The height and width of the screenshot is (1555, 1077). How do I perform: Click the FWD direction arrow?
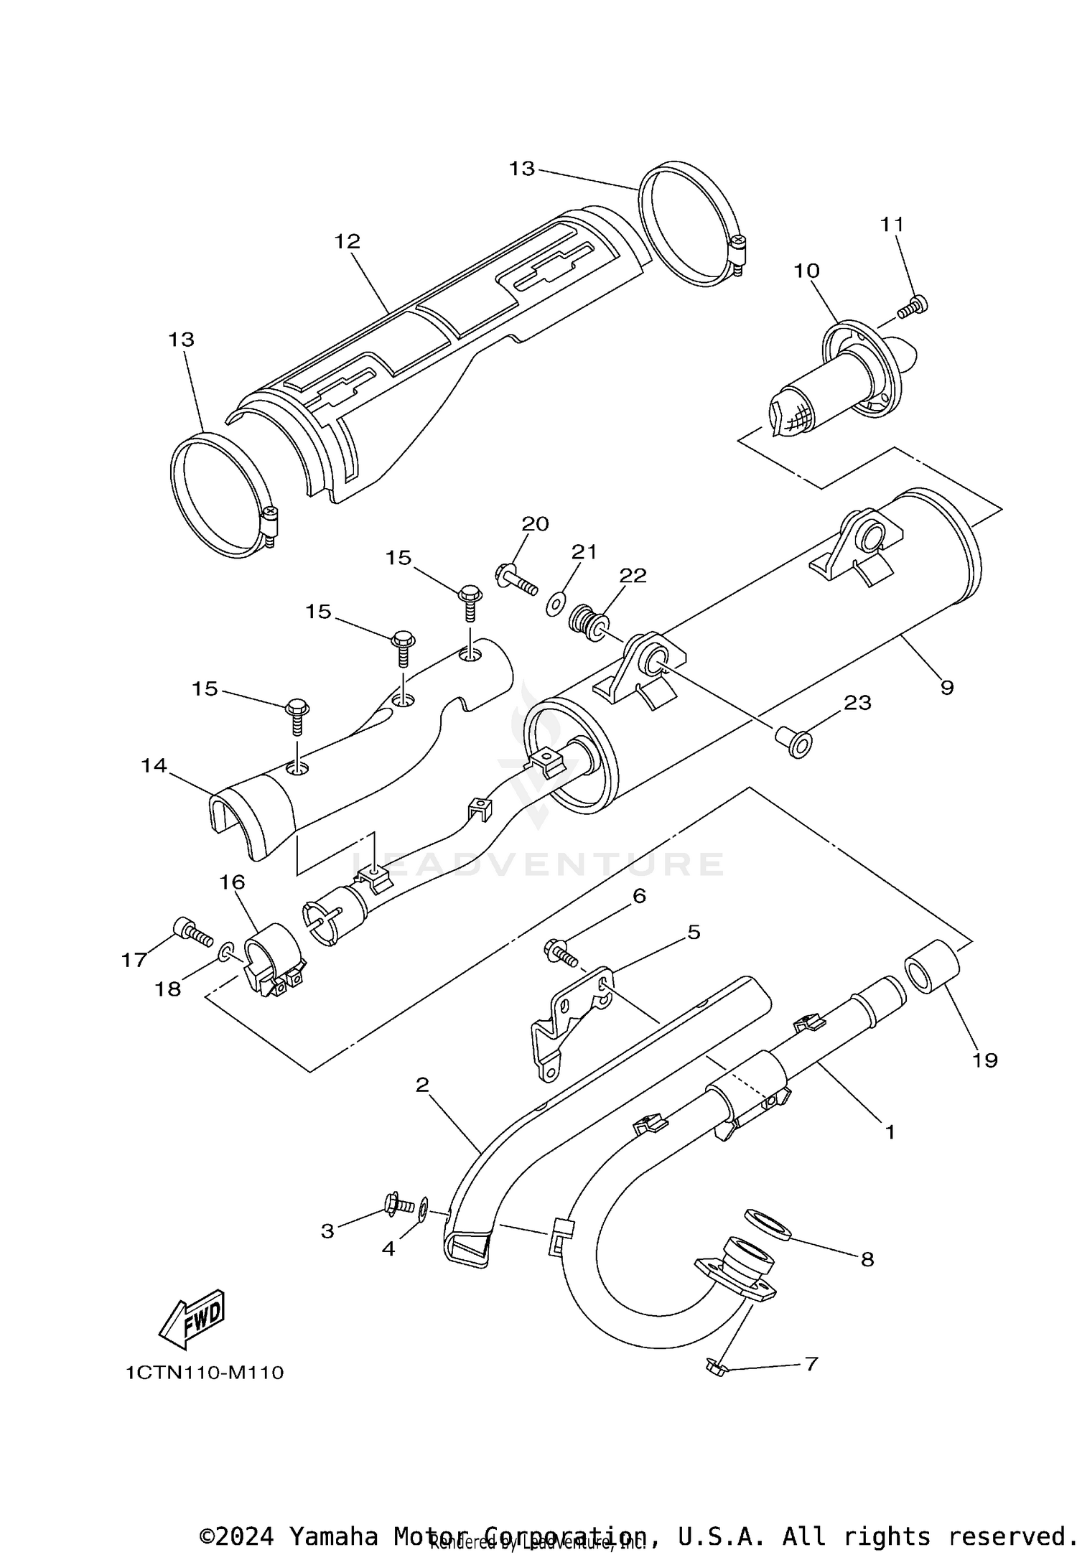point(192,1320)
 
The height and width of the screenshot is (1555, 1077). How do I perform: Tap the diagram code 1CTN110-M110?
point(205,1373)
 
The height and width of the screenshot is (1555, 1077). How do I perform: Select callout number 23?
point(857,702)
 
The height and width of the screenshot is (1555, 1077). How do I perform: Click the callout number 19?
point(985,1060)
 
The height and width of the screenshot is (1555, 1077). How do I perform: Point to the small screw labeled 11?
point(913,307)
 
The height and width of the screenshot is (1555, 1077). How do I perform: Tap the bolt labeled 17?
point(191,933)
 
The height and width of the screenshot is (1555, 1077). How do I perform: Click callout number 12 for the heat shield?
point(347,241)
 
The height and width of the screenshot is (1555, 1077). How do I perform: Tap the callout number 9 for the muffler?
point(947,687)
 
